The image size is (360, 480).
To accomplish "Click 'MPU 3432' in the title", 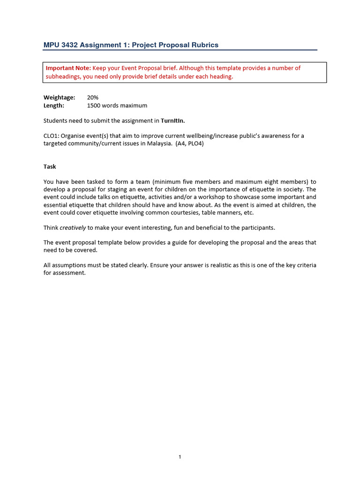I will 60,45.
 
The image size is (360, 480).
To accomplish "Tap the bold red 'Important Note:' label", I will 68,68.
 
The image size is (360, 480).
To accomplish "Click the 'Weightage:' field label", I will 59,97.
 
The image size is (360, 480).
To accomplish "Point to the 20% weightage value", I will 93,97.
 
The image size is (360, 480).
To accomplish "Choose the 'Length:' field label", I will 54,105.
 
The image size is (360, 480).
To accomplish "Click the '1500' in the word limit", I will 94,105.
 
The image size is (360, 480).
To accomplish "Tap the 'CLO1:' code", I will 51,136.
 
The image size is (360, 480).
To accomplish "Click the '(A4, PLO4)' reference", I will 190,144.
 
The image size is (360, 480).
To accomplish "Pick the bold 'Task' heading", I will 50,166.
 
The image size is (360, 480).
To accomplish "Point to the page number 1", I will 180,457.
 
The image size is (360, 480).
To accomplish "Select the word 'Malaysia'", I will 158,144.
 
